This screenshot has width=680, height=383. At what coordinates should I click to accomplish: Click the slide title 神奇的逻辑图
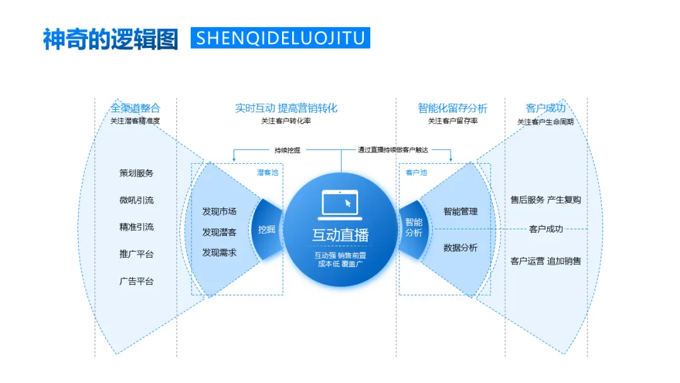(110, 38)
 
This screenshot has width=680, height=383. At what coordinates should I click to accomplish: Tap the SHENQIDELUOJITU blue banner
(280, 38)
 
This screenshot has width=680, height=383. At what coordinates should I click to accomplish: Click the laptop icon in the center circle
(339, 203)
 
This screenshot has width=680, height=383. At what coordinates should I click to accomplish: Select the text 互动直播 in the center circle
(340, 235)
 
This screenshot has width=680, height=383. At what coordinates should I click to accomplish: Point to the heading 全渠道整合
(135, 108)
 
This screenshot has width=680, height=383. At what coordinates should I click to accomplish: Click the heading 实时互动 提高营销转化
(286, 108)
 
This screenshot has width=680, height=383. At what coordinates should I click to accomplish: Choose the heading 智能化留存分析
(452, 108)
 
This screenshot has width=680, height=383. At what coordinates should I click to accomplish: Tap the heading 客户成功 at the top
(545, 108)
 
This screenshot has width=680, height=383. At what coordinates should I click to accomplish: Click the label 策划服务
(137, 173)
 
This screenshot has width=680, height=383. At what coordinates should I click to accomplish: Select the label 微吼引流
(137, 200)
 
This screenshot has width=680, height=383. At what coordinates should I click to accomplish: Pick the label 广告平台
(137, 281)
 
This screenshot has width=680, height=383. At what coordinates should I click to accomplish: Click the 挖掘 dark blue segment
(267, 229)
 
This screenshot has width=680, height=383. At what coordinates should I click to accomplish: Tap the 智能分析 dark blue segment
(414, 227)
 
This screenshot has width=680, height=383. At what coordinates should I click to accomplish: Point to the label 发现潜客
(219, 232)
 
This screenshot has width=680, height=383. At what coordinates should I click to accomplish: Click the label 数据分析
(460, 248)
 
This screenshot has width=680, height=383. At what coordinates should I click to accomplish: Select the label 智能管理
(460, 212)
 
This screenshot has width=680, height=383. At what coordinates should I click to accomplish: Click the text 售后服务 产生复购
(545, 200)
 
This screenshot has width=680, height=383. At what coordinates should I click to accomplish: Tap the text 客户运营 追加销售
(545, 261)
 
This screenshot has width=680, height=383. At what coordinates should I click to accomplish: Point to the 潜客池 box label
(267, 172)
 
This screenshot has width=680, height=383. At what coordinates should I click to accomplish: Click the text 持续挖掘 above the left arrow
(287, 150)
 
